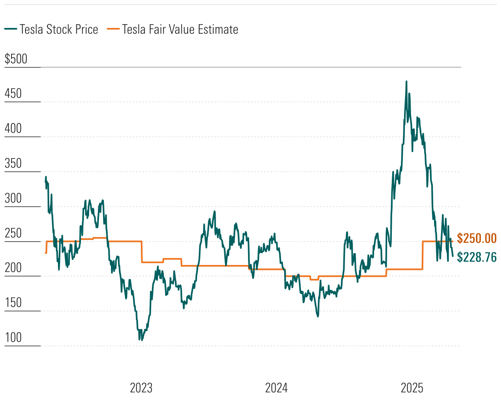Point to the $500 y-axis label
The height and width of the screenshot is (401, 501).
tap(16, 59)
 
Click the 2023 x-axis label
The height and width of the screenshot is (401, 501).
tap(141, 388)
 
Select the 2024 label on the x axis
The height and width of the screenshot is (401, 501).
tap(276, 388)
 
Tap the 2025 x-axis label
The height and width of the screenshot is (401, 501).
tap(412, 388)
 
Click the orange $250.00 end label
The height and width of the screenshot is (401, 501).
tap(477, 238)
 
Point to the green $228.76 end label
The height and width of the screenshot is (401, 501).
tap(477, 257)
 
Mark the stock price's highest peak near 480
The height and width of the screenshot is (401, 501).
tap(407, 81)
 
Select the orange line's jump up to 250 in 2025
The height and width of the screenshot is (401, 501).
tap(423, 255)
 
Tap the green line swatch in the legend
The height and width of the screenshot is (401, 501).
tap(11, 30)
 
